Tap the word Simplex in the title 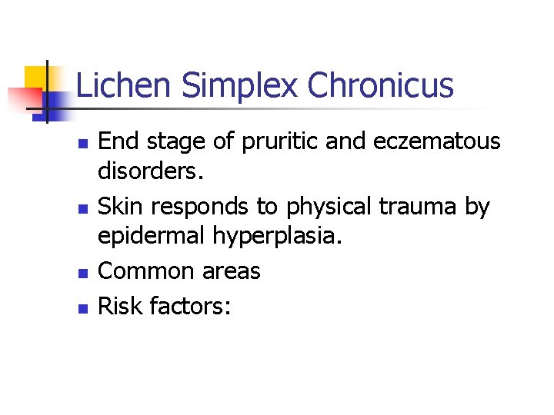(x=239, y=85)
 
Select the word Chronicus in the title (x=381, y=85)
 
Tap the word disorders (x=150, y=174)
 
